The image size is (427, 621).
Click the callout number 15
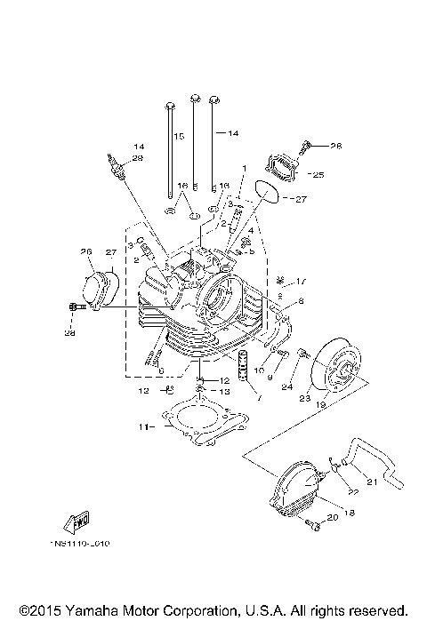pyautogui.click(x=179, y=136)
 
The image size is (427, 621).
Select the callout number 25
pyautogui.click(x=318, y=175)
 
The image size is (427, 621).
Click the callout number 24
pyautogui.click(x=286, y=387)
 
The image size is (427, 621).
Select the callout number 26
pyautogui.click(x=86, y=251)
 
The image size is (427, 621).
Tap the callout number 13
pyautogui.click(x=224, y=390)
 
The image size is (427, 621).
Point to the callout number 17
pyautogui.click(x=302, y=282)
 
